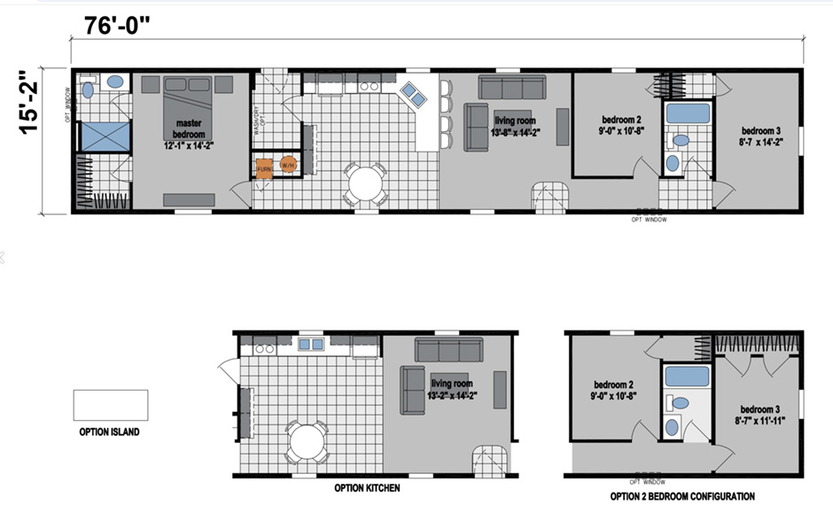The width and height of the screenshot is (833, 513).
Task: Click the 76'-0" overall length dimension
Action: (118, 24)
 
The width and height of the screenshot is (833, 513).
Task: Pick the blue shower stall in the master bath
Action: (105, 137)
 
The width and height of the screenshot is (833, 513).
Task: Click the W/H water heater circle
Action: (288, 166)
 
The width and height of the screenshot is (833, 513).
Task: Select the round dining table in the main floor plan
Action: (364, 184)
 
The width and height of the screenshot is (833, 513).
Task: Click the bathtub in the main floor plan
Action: (688, 113)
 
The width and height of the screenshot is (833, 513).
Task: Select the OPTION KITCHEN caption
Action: (366, 488)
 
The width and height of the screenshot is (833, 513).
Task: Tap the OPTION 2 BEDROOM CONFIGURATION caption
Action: (682, 495)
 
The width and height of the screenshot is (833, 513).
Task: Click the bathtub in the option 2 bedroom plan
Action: (686, 377)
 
